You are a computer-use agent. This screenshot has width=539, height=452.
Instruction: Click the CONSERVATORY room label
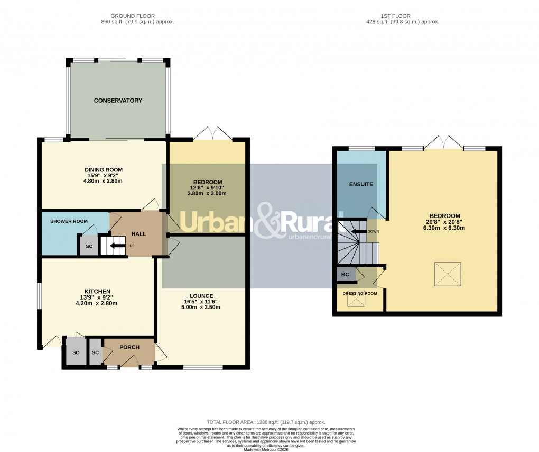tap(118, 101)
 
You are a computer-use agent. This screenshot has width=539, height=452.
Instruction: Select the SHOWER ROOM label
tap(69, 221)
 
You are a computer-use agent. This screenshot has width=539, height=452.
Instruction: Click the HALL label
tap(138, 234)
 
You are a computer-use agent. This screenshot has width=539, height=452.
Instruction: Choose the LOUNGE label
tap(201, 296)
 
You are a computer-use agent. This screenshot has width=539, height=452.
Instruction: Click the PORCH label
tap(129, 347)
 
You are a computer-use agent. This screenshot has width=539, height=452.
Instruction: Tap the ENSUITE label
tap(361, 185)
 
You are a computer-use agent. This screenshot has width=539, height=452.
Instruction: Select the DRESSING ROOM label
tap(360, 293)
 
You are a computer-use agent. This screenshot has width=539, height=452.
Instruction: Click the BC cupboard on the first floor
tap(346, 275)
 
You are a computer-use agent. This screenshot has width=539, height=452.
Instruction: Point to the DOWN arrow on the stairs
tap(361, 231)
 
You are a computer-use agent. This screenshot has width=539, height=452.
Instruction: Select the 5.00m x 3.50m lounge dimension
tap(201, 307)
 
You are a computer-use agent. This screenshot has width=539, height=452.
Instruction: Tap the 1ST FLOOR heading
tap(403, 16)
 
